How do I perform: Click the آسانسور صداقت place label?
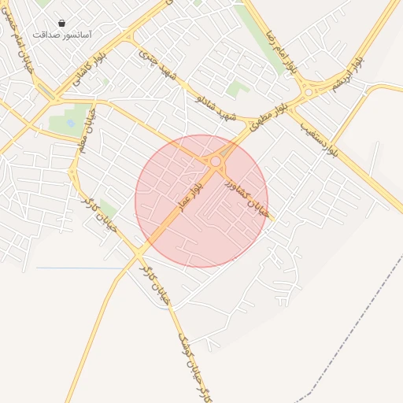tap(62, 35)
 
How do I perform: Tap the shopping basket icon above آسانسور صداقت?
tap(62, 24)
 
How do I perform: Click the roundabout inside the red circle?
tap(216, 161)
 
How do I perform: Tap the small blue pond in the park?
tap(72, 124)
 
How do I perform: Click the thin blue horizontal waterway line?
tap(79, 268)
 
